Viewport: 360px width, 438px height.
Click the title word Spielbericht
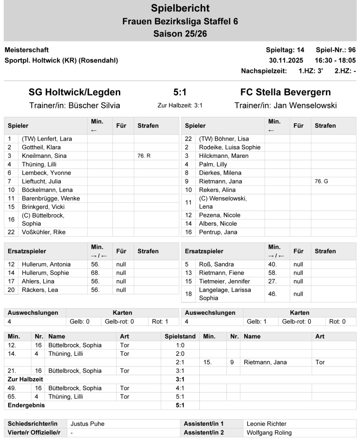coord(180,8)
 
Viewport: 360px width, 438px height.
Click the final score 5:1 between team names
coord(180,92)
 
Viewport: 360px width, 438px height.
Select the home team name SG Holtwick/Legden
coord(75,92)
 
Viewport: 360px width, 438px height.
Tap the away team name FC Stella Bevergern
coord(285,92)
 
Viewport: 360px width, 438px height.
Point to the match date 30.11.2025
coord(286,60)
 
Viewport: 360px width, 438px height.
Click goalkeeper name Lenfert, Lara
coord(47,139)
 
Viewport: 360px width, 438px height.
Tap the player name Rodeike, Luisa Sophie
coord(229,147)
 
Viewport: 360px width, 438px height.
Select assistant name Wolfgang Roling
coord(269,432)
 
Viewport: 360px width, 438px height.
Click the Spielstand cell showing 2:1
coord(180,362)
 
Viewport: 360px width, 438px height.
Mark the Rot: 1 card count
coord(160,322)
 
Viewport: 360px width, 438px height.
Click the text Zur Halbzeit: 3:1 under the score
coord(180,106)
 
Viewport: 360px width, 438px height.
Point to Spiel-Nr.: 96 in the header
coord(336,50)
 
